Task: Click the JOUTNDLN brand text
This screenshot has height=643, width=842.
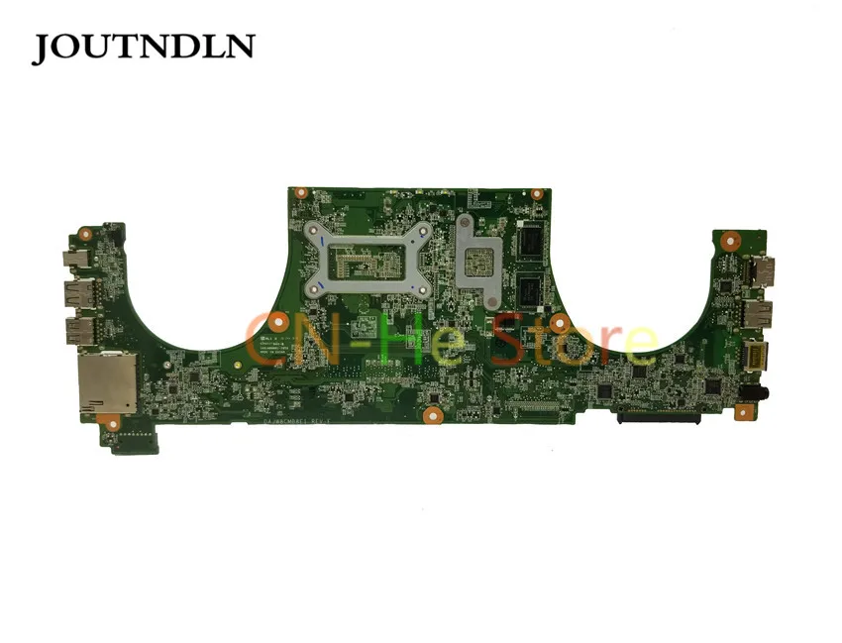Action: pos(143,47)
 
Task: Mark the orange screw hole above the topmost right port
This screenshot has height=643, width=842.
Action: pos(730,239)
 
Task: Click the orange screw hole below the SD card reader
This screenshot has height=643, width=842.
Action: pos(112,424)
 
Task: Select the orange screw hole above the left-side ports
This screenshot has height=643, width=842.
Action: pos(85,236)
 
